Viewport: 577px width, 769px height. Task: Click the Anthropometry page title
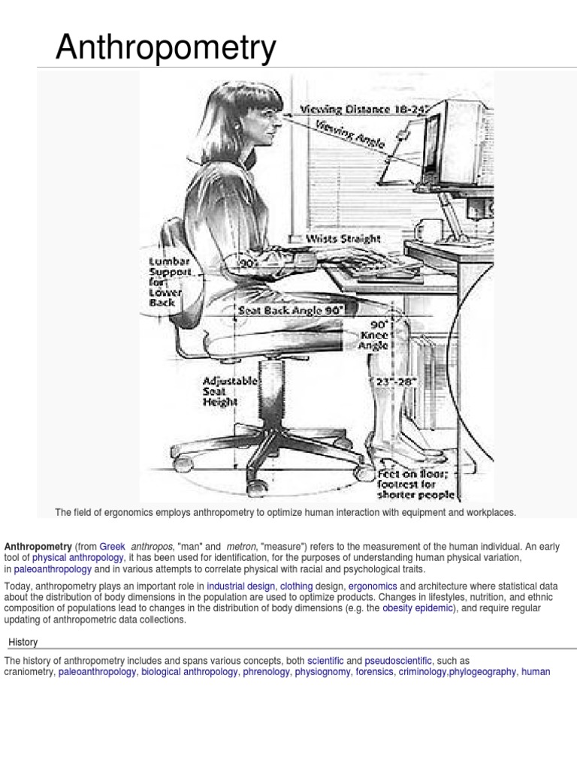[165, 48]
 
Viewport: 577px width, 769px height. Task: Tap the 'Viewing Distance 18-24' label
[364, 110]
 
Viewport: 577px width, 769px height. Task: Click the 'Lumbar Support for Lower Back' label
[171, 282]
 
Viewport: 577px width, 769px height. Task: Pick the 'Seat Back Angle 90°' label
[292, 309]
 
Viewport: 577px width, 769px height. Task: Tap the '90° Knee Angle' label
[373, 336]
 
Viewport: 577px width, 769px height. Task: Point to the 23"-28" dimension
[396, 382]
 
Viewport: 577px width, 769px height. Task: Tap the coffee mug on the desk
[429, 228]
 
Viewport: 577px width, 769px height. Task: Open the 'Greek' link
[112, 547]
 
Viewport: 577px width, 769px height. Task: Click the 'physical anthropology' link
[78, 559]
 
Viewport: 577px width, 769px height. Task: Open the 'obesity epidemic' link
[418, 608]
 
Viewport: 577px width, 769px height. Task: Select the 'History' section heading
[23, 642]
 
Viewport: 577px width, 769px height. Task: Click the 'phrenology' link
[267, 672]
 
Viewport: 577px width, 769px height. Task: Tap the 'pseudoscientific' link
[398, 660]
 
